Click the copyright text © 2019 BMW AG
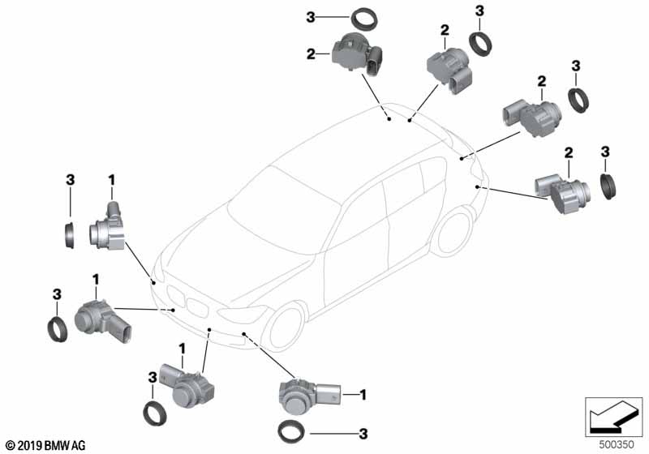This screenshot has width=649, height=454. tap(45, 445)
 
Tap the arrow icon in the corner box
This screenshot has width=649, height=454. tap(612, 415)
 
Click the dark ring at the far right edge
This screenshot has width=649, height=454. tap(608, 185)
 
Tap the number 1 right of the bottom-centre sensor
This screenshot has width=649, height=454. tap(363, 395)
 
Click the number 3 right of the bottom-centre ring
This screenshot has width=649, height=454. tap(363, 433)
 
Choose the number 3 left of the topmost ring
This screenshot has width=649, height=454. tap(310, 16)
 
